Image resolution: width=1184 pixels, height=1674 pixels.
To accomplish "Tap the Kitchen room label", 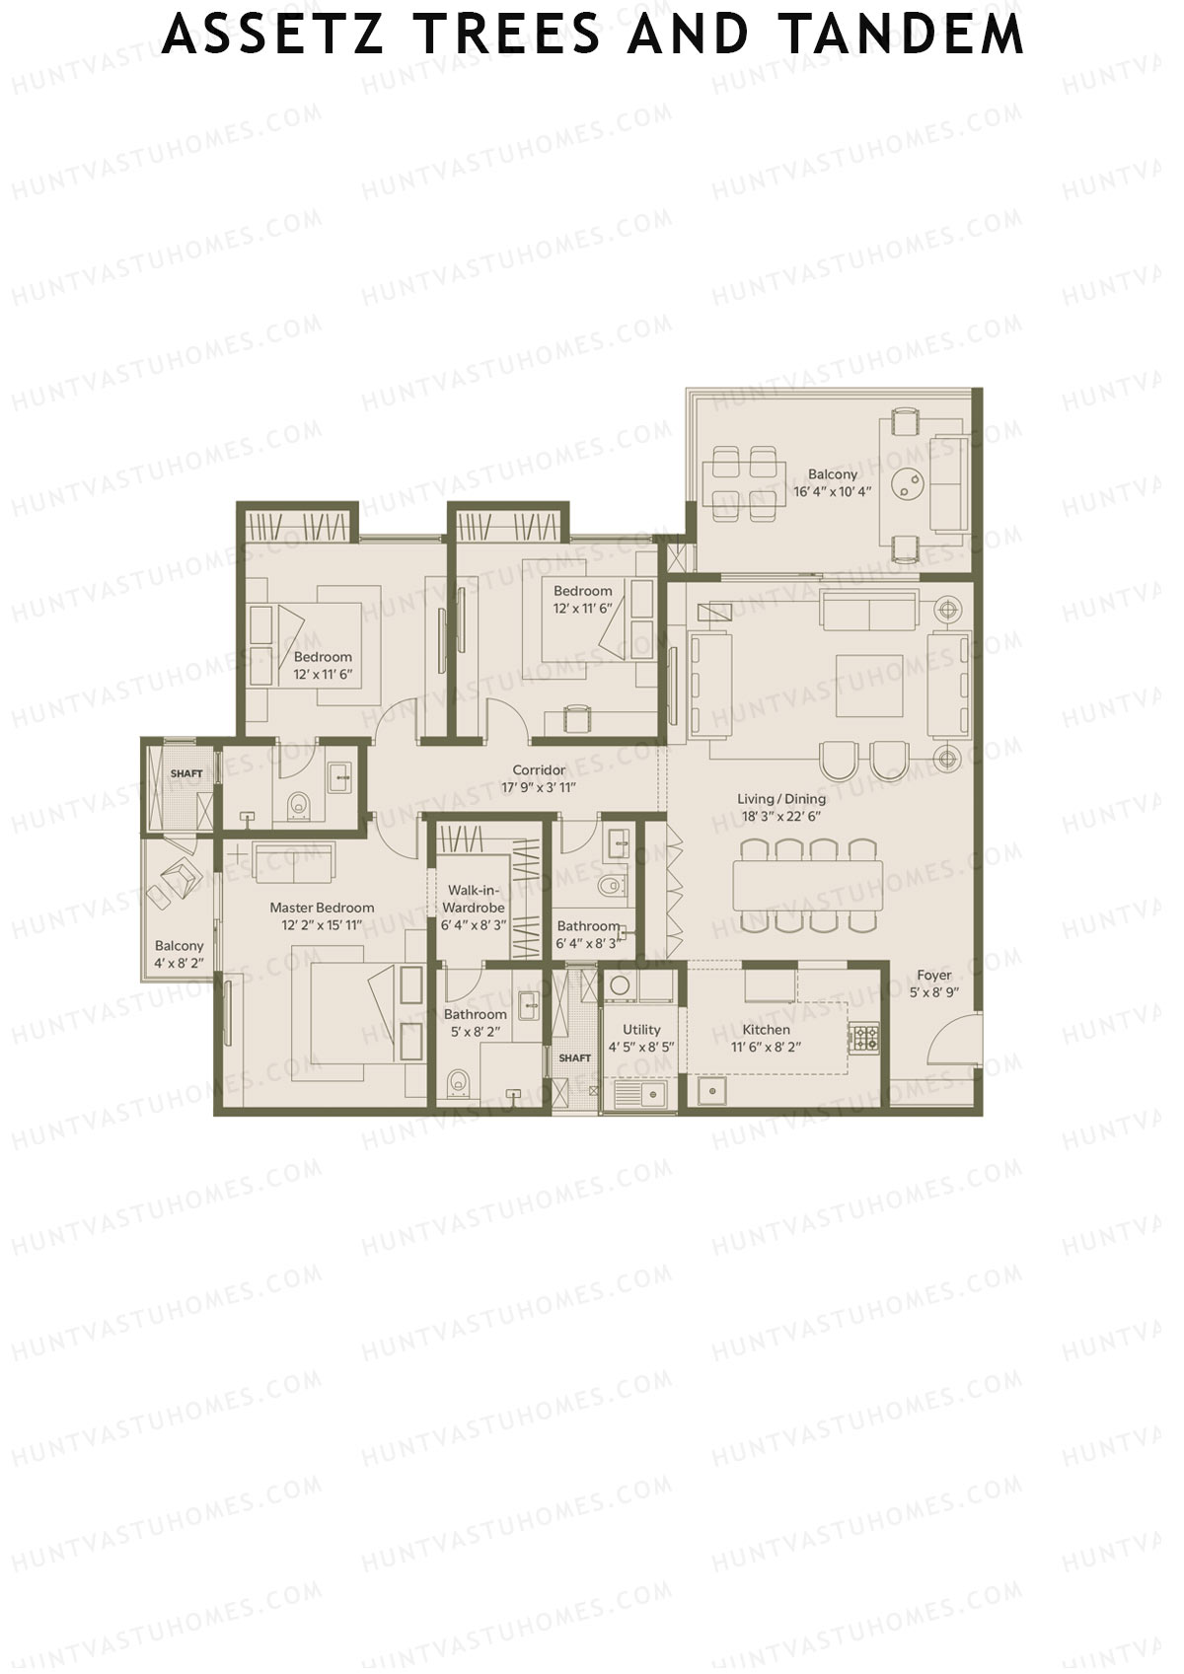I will tap(766, 1030).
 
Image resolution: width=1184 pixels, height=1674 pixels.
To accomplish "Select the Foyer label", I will tap(933, 976).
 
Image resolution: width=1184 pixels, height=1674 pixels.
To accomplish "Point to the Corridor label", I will tap(539, 770).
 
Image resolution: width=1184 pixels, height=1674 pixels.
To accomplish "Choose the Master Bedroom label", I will tap(322, 908).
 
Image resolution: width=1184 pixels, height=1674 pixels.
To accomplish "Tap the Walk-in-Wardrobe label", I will tap(474, 899).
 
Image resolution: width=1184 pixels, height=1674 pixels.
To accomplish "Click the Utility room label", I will tap(641, 1030).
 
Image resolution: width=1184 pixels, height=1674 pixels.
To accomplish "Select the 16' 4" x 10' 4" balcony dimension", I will tap(833, 491).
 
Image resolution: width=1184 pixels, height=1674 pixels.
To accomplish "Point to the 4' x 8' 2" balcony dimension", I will tap(179, 963).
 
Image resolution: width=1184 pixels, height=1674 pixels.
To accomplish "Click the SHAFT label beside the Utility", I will tap(574, 1058).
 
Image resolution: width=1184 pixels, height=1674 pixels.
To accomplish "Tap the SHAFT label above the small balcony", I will tap(185, 773).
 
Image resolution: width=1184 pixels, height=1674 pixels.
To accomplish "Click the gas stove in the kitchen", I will tap(865, 1038).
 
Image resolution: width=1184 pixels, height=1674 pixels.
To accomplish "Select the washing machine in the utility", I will tap(620, 985).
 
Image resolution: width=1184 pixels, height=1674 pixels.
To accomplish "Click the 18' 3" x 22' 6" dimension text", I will tap(781, 816).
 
